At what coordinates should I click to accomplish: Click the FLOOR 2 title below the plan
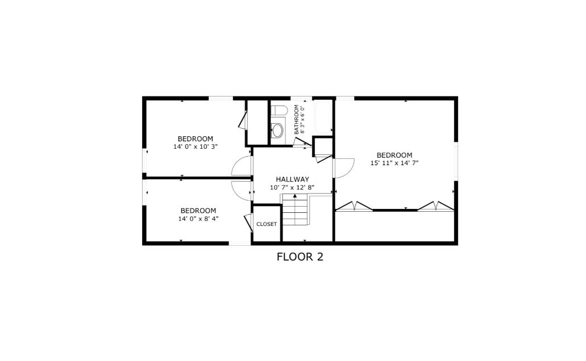pyautogui.click(x=300, y=257)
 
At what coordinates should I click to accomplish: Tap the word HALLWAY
pyautogui.click(x=292, y=179)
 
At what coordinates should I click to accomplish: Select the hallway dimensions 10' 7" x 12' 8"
pyautogui.click(x=292, y=187)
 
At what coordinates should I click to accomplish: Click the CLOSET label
pyautogui.click(x=267, y=224)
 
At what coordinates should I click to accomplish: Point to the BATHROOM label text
pyautogui.click(x=296, y=119)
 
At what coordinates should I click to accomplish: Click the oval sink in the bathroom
pyautogui.click(x=277, y=131)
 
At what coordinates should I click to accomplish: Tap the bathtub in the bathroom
pyautogui.click(x=323, y=117)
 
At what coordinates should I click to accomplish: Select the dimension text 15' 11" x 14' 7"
pyautogui.click(x=394, y=163)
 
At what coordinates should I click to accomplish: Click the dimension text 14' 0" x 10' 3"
pyautogui.click(x=195, y=146)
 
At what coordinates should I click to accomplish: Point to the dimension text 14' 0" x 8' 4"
pyautogui.click(x=198, y=219)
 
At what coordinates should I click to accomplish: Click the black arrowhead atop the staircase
pyautogui.click(x=295, y=196)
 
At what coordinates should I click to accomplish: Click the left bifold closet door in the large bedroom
pyautogui.click(x=354, y=206)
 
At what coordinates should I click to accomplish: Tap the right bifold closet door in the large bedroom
pyautogui.click(x=436, y=206)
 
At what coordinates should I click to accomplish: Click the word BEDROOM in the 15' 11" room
pyautogui.click(x=394, y=155)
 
